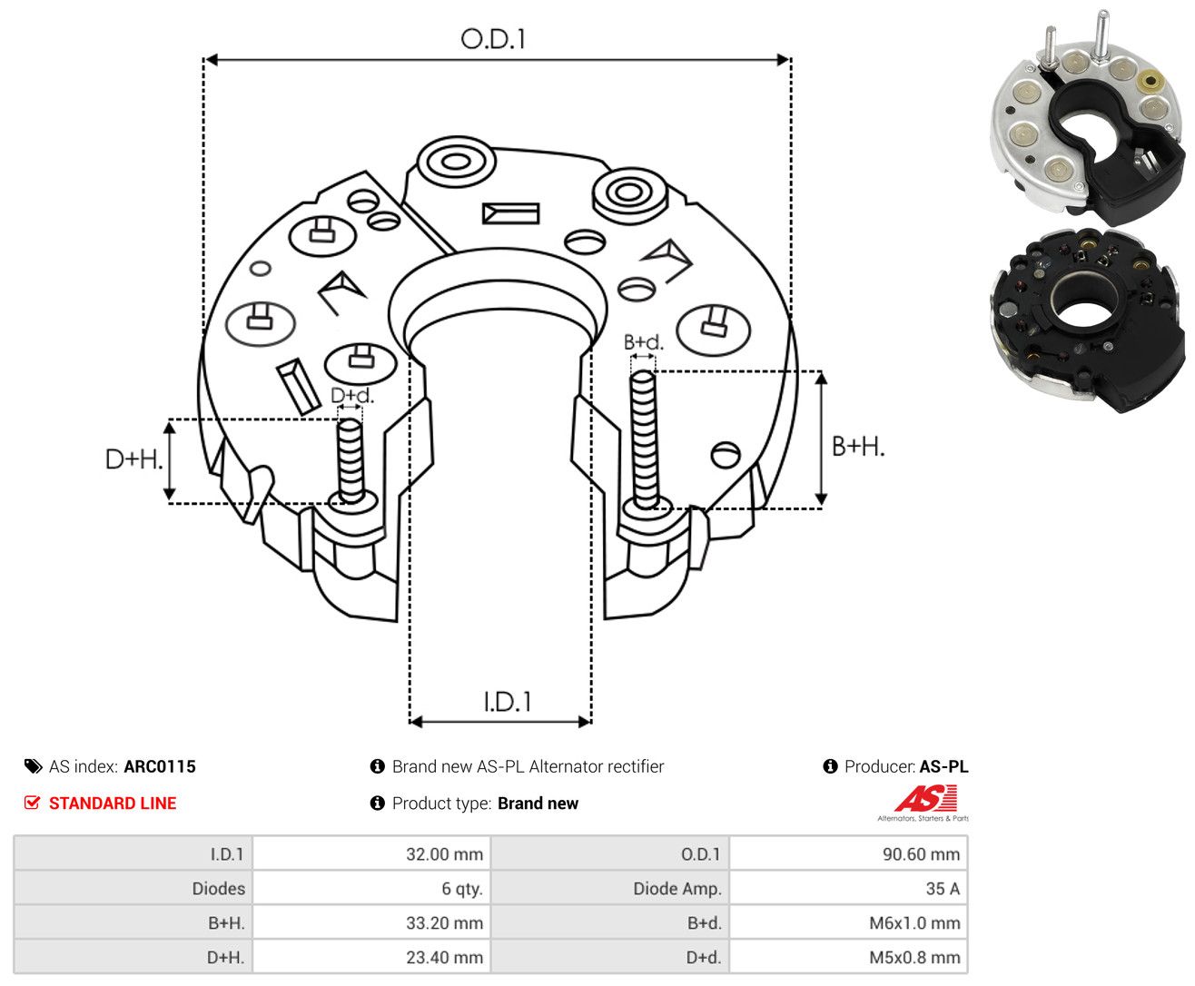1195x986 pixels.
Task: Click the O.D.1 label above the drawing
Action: [x=493, y=39]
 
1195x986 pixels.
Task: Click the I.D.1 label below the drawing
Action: [x=507, y=702]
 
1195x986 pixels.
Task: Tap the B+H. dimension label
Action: [x=858, y=447]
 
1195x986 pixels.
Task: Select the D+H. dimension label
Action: [x=133, y=459]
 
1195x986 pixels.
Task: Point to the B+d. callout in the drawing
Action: [x=644, y=342]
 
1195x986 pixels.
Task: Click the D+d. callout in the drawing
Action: [x=352, y=396]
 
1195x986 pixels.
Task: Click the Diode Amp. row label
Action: [x=677, y=888]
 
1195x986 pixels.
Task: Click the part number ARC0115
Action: [x=160, y=766]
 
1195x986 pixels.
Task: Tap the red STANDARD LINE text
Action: [x=113, y=803]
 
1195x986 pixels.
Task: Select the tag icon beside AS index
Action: [x=34, y=766]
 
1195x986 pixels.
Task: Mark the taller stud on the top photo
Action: [x=1101, y=35]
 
